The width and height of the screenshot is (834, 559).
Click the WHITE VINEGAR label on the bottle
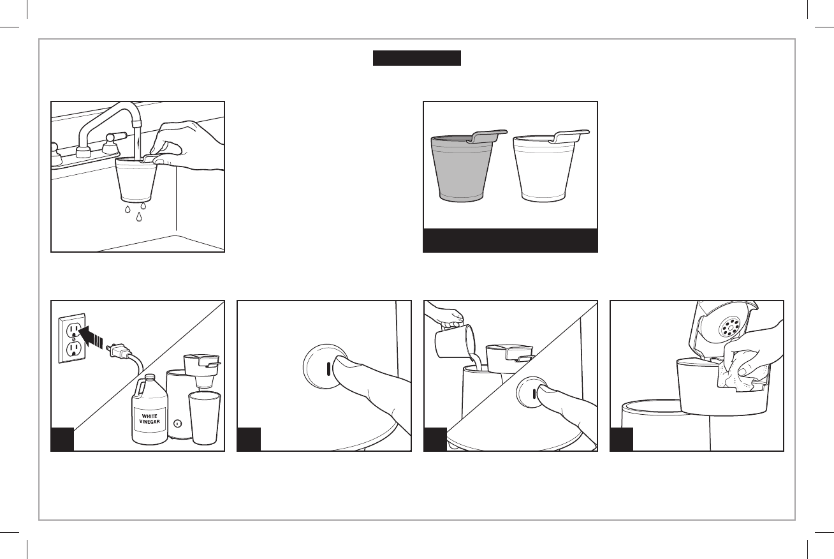click(150, 419)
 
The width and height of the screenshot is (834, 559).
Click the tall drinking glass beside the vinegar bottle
click(204, 417)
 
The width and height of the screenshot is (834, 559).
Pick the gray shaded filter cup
click(463, 168)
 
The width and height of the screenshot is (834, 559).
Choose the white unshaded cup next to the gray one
click(545, 168)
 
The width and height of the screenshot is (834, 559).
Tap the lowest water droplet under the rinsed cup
click(139, 216)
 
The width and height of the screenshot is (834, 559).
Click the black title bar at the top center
click(416, 58)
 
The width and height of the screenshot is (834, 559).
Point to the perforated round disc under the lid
click(729, 327)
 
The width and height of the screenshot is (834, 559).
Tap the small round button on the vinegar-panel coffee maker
click(178, 423)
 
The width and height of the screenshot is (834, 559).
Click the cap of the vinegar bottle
click(150, 376)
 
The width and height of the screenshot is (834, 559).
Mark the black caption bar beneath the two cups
click(510, 241)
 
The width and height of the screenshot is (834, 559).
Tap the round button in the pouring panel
click(532, 392)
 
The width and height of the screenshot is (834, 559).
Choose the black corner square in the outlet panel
click(62, 440)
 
